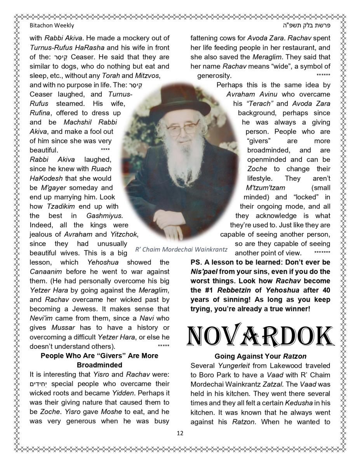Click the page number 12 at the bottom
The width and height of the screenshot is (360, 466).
(x=180, y=433)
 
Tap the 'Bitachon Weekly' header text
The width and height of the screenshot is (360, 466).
(x=52, y=26)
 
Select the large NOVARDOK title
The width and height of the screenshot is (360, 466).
(x=260, y=335)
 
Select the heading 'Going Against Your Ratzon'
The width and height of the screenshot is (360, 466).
(x=260, y=356)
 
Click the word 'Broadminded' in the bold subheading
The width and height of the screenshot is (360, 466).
(x=99, y=365)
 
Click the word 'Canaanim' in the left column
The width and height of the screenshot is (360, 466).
(x=45, y=271)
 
